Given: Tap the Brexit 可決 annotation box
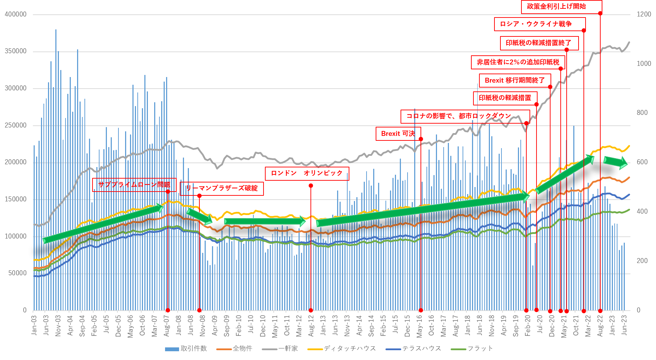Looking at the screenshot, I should click(x=398, y=133).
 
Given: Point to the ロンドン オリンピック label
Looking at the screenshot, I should click(x=307, y=173).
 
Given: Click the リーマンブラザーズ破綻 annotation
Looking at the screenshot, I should click(x=221, y=188).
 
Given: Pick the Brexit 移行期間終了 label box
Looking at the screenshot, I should click(x=515, y=80).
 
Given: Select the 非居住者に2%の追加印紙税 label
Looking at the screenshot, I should click(x=518, y=62).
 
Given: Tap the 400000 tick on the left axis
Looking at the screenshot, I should click(x=15, y=14).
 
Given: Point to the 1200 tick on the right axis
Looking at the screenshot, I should click(x=644, y=14).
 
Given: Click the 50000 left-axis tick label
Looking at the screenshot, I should click(x=17, y=273).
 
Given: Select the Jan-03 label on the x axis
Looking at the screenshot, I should click(x=34, y=325).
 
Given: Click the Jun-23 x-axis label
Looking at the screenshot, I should click(x=624, y=325).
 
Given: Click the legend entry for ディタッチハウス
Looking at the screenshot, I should click(x=342, y=348).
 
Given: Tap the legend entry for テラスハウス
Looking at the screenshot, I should click(x=414, y=348).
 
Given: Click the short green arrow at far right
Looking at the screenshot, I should click(x=615, y=162).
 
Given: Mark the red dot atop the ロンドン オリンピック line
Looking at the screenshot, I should click(x=311, y=186).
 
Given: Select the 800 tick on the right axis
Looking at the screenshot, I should click(x=642, y=113).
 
